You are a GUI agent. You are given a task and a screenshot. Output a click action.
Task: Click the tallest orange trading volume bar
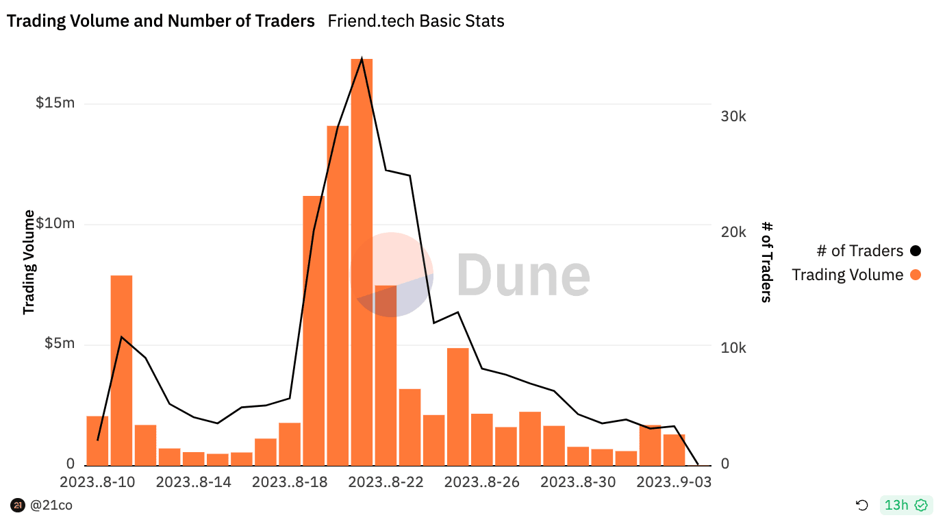point(362,260)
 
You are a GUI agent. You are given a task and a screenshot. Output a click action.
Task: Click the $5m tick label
point(60,343)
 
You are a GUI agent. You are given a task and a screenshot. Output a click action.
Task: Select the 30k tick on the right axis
point(733,116)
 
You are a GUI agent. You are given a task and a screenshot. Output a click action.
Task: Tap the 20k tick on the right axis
point(733,232)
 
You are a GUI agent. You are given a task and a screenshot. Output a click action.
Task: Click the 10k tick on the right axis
point(733,348)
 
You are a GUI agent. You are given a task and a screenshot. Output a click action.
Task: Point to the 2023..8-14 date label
point(194,482)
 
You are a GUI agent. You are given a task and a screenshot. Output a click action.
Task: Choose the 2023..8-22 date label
point(386,482)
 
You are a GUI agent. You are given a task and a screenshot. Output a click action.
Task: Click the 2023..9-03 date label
point(674,482)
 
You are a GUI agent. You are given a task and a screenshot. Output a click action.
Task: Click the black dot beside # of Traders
point(916,251)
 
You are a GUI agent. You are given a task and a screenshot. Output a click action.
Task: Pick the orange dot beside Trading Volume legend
point(916,275)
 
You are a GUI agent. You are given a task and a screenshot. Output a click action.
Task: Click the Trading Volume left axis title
point(29,262)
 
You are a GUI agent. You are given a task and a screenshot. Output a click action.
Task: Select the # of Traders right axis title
point(767,261)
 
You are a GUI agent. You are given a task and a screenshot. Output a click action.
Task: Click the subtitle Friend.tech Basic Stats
point(416,21)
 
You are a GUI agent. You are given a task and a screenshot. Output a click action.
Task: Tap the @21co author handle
point(51,506)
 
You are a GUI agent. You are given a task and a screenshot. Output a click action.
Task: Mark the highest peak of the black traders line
point(362,59)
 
